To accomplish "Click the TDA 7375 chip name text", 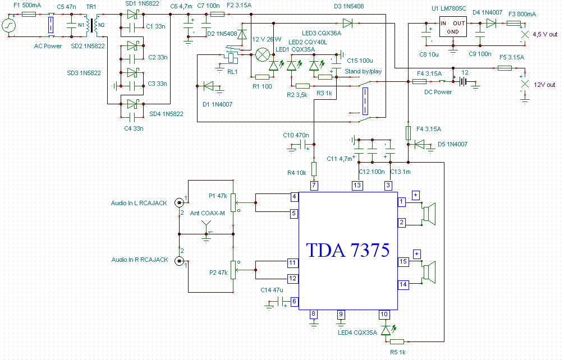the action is pyautogui.click(x=347, y=250).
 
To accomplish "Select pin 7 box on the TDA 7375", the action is pyautogui.click(x=314, y=186).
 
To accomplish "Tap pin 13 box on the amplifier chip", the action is pyautogui.click(x=357, y=186).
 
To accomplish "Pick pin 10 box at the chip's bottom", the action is pyautogui.click(x=384, y=315).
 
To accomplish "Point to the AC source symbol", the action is pyautogui.click(x=8, y=26).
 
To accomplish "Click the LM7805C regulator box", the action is pyautogui.click(x=453, y=27).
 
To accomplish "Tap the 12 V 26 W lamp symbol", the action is pyautogui.click(x=263, y=54).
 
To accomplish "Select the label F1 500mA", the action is pyautogui.click(x=27, y=6).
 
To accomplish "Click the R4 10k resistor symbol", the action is pyautogui.click(x=314, y=169).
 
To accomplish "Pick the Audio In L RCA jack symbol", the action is pyautogui.click(x=179, y=203).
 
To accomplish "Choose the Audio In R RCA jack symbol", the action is pyautogui.click(x=179, y=261).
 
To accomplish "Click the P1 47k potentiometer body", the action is pyautogui.click(x=233, y=202).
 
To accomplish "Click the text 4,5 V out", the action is pyautogui.click(x=545, y=34).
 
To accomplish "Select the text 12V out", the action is pyautogui.click(x=544, y=85).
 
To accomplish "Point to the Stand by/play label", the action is pyautogui.click(x=363, y=71).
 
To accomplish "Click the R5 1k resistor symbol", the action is pyautogui.click(x=397, y=341).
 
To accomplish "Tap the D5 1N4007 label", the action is pyautogui.click(x=452, y=144).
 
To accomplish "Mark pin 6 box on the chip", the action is pyautogui.click(x=294, y=302).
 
